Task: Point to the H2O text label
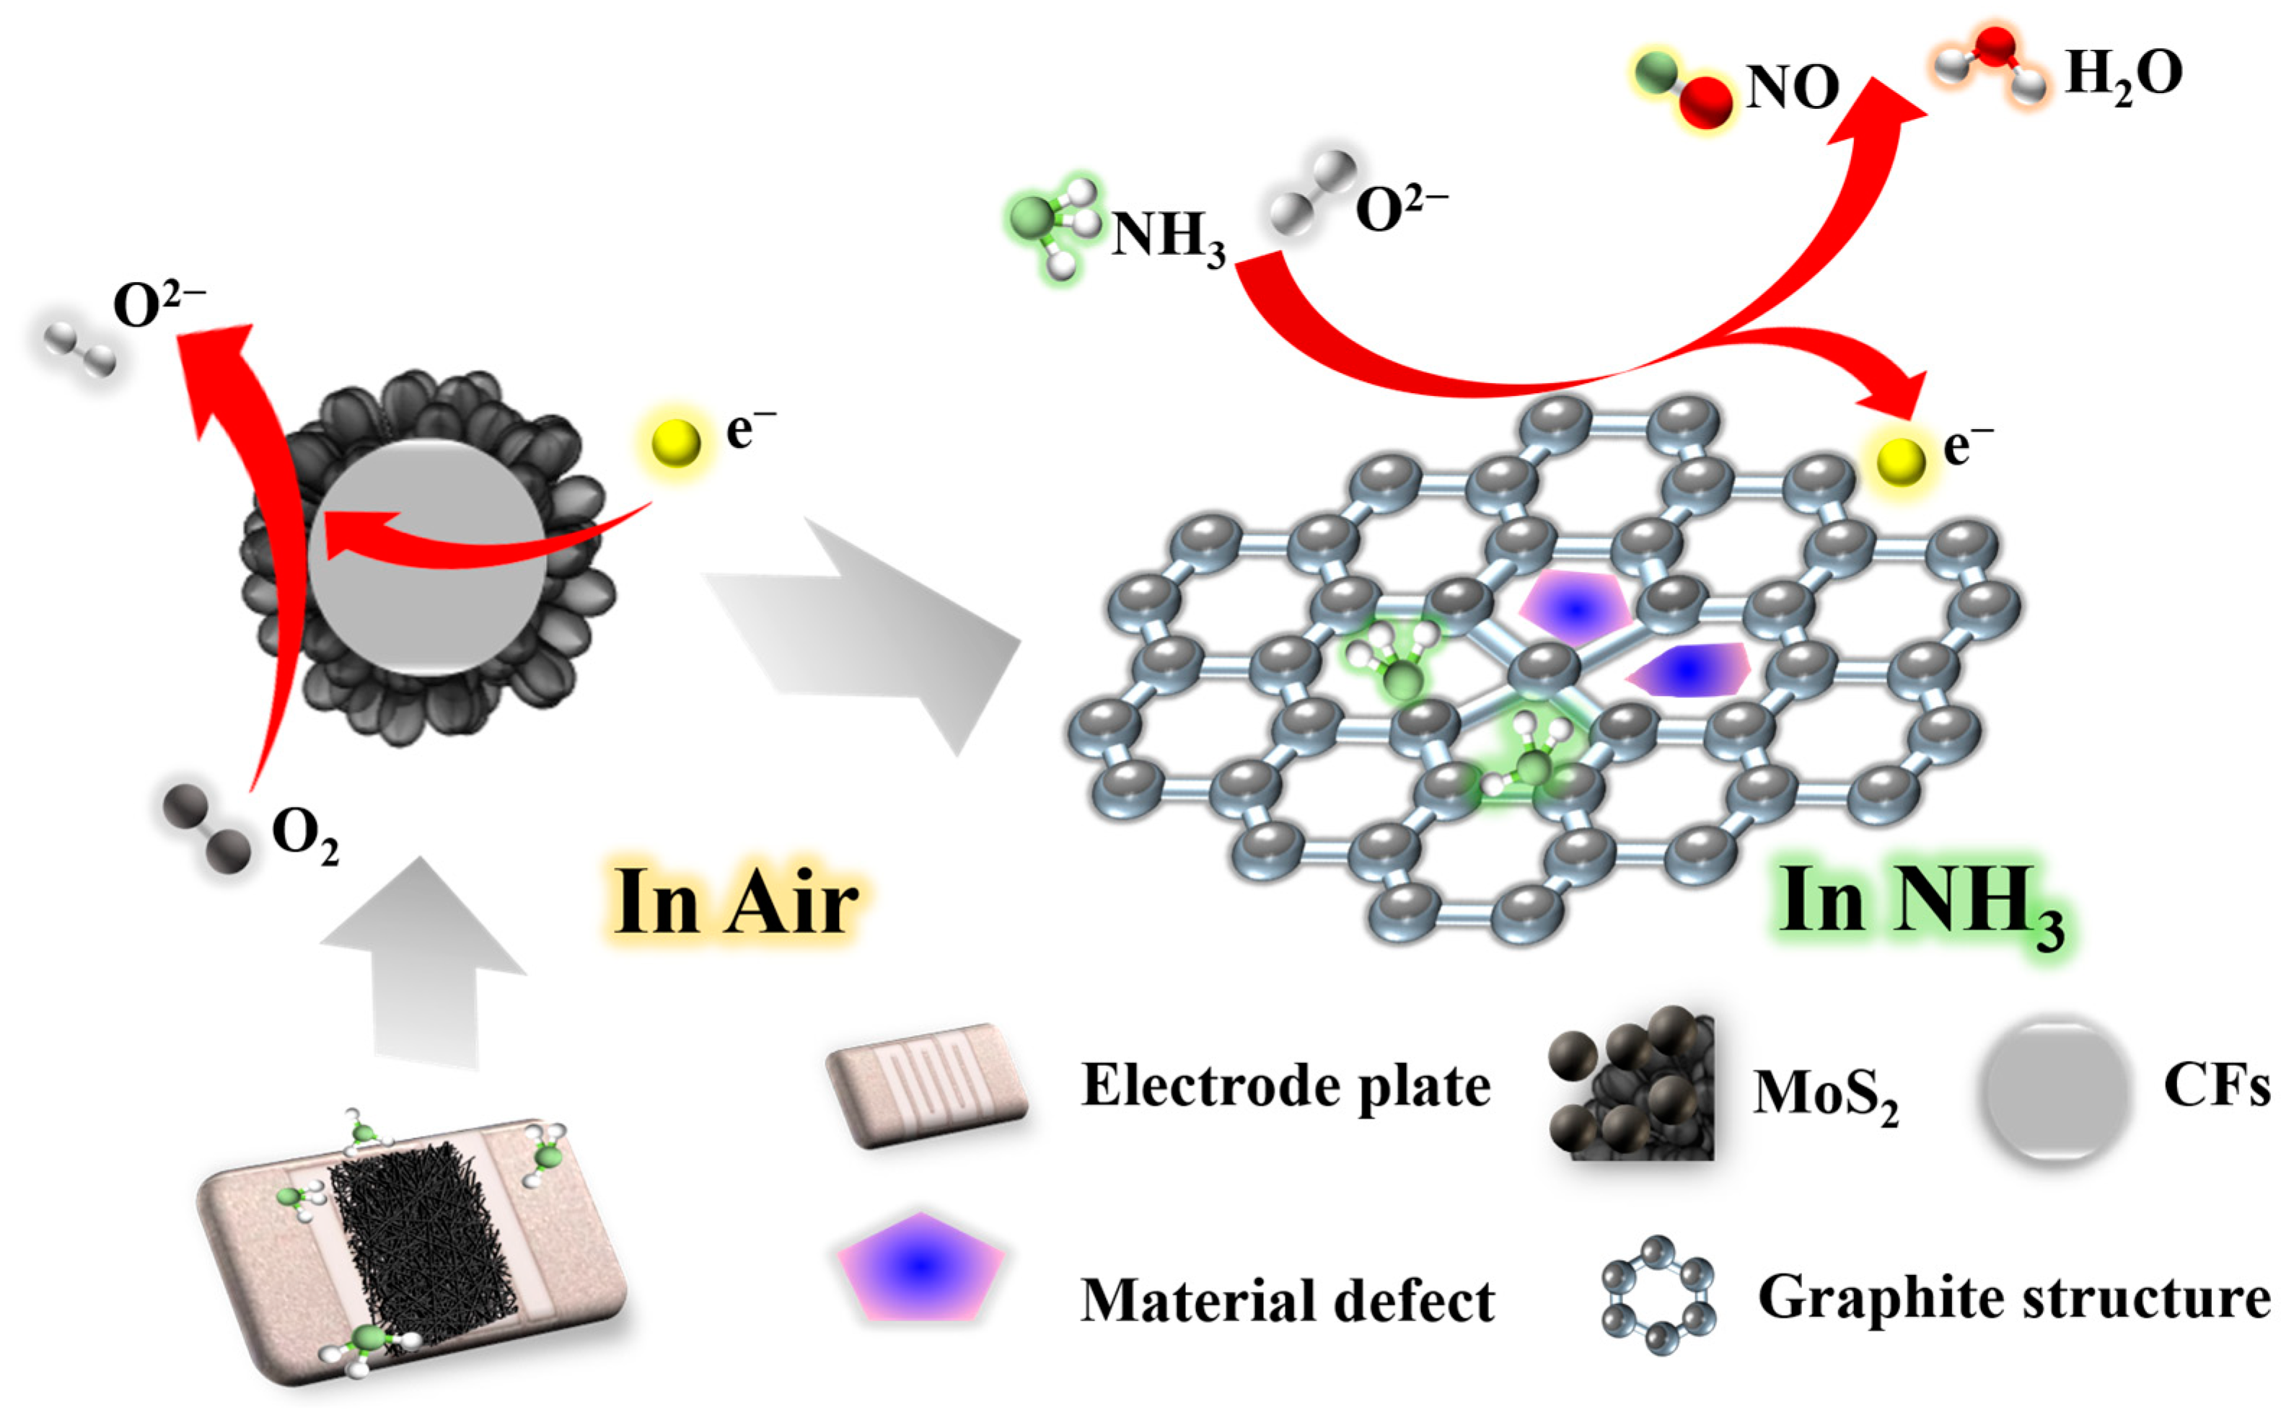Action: [2123, 75]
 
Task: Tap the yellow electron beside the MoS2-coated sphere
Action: [676, 441]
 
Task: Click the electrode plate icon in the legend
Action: [926, 1085]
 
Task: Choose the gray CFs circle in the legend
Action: [2055, 1088]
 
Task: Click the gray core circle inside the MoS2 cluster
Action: [426, 557]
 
